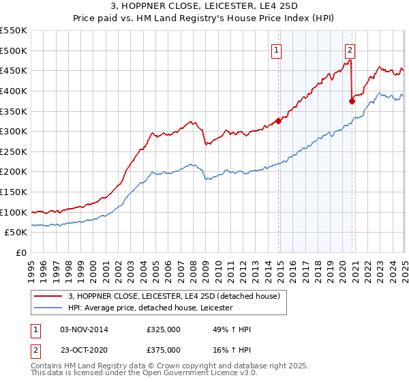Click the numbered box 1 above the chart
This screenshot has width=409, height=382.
coord(276,49)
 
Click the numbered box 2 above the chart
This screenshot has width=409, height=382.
coord(350,49)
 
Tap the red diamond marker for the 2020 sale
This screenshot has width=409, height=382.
coord(352,101)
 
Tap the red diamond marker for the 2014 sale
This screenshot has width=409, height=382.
coord(279,121)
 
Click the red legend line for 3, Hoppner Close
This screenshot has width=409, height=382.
coord(48,296)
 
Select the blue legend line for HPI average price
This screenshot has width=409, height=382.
coord(48,308)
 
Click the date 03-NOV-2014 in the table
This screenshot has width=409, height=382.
coord(85,329)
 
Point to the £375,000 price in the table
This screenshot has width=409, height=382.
coord(164,350)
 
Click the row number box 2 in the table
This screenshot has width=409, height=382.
coord(36,350)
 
